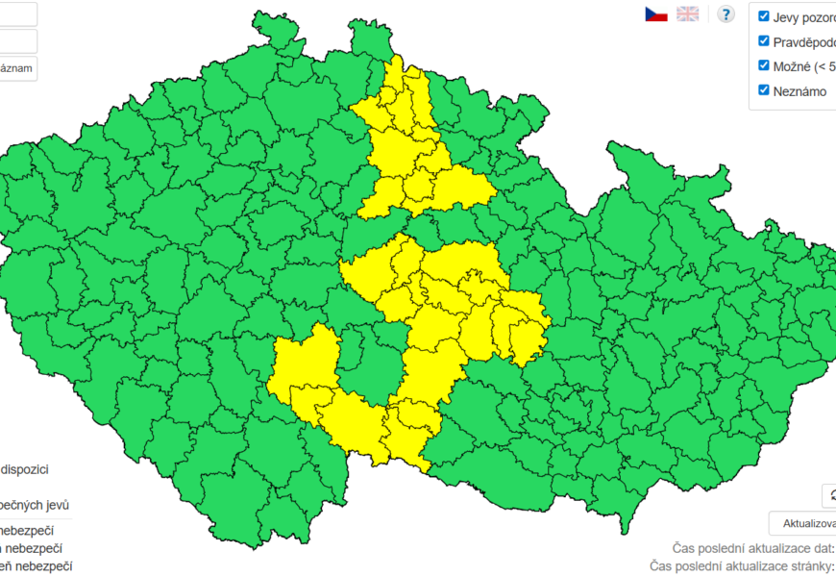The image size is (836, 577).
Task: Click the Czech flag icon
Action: pos(656,13)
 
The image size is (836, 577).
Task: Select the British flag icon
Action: pos(687,13)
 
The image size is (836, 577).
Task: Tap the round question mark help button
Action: pos(725,13)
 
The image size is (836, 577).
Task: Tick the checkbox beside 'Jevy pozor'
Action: pos(764,16)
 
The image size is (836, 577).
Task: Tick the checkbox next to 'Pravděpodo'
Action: pos(764,41)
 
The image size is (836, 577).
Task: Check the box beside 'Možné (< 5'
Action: pos(764,65)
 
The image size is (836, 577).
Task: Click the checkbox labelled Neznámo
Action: pos(764,89)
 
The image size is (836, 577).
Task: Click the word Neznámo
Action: pos(799,90)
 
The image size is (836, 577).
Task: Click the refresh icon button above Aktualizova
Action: pos(829,495)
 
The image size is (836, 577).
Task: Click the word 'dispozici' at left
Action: pos(25,469)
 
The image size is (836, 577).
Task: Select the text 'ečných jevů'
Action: pos(35,505)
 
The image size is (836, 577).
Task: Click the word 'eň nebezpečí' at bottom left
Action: pos(37,566)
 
